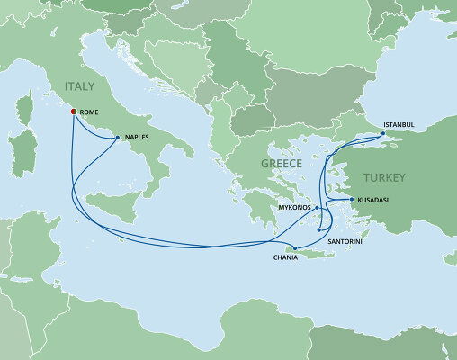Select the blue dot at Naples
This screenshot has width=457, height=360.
(x=118, y=138)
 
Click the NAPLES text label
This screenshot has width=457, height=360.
(x=139, y=138)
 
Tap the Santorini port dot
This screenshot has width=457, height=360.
(x=319, y=230)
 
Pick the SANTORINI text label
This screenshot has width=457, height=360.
(x=346, y=242)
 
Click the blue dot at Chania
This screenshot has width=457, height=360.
(x=295, y=247)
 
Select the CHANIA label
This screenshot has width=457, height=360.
(x=285, y=259)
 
